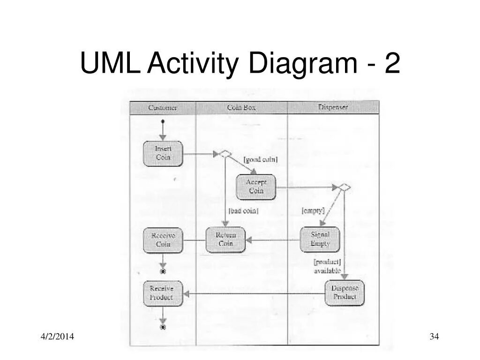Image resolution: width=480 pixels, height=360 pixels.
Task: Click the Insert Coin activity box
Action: tap(163, 153)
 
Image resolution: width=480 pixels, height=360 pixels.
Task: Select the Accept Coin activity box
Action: tap(255, 187)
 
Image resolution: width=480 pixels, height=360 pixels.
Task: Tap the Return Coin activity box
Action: tap(225, 240)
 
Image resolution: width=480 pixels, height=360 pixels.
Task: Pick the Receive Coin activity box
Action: tap(163, 240)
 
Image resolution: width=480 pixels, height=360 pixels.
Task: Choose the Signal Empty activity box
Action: tap(320, 240)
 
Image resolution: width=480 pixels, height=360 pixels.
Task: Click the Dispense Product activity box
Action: tap(345, 293)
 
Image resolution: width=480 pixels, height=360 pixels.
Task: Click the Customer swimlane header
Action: tap(163, 108)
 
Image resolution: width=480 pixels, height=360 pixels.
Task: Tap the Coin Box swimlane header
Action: tap(241, 108)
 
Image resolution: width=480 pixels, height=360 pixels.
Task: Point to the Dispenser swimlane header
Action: tap(333, 108)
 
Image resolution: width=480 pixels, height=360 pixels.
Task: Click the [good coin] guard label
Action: tap(260, 160)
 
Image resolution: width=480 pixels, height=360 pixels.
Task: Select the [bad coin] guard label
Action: tap(243, 211)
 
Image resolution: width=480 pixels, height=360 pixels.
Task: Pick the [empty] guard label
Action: tap(313, 211)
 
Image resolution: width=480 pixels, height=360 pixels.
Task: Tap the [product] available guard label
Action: tap(327, 266)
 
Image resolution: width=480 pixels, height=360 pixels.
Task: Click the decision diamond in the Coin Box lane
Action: tap(225, 153)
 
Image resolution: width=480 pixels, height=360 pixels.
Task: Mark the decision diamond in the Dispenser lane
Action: tap(345, 187)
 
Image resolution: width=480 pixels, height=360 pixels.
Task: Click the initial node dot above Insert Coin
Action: tap(163, 121)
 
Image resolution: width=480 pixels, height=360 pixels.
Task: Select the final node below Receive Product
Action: tap(163, 327)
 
